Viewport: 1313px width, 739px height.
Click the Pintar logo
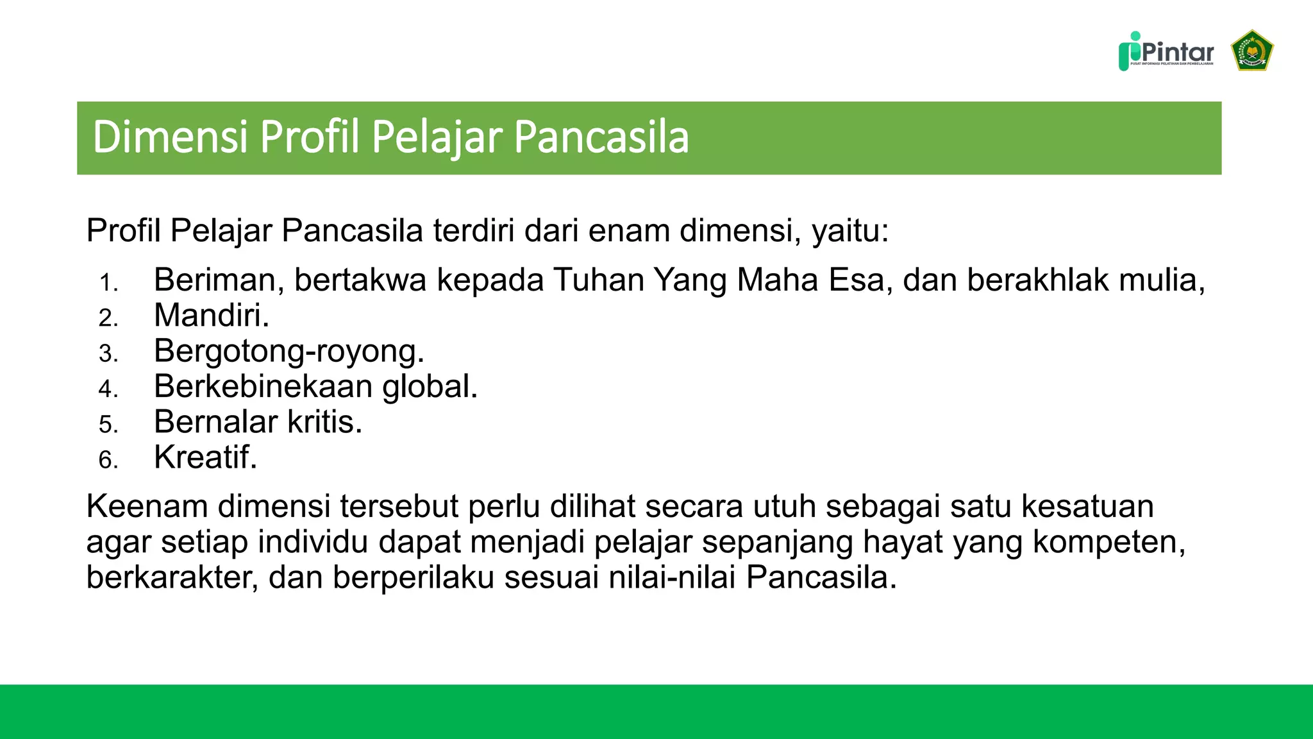[1166, 51]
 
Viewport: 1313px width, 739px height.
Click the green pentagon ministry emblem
[1252, 51]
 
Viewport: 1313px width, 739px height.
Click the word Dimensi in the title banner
[170, 137]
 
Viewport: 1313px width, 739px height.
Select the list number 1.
[108, 283]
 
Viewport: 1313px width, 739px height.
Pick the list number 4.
[108, 389]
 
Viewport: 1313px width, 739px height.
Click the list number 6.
[108, 460]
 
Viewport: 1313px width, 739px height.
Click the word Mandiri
[211, 316]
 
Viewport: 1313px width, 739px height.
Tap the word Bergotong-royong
[289, 351]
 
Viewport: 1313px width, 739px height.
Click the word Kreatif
[205, 457]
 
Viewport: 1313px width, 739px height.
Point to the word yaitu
[849, 231]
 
